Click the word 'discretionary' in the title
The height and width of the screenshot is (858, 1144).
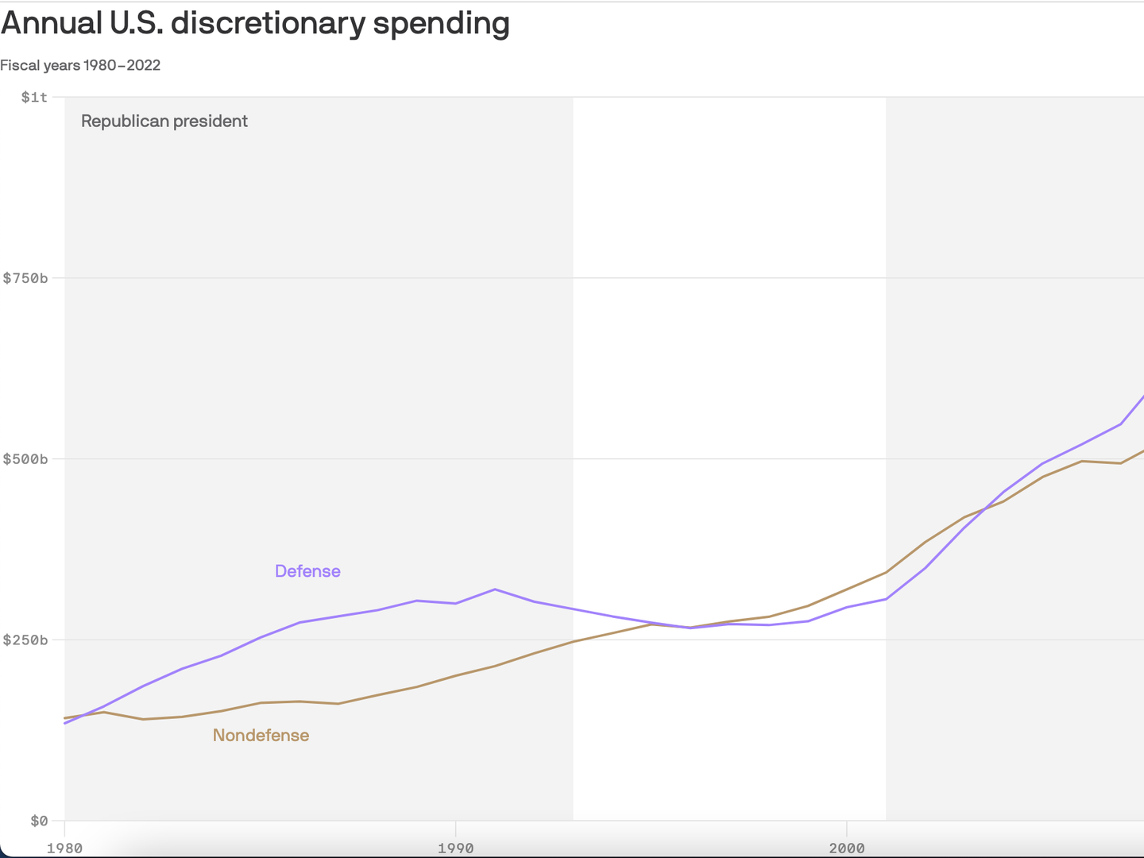[x=268, y=24]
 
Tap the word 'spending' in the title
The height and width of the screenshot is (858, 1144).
[x=441, y=24]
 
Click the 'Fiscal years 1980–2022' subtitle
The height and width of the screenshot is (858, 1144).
[x=80, y=65]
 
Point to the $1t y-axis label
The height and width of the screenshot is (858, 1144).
[x=34, y=97]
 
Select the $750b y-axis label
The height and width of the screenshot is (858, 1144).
[x=25, y=278]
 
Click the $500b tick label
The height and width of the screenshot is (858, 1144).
[x=25, y=459]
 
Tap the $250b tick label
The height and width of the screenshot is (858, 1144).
[x=25, y=640]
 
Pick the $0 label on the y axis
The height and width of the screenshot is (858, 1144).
[x=39, y=821]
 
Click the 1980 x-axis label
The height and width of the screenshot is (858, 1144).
[x=64, y=848]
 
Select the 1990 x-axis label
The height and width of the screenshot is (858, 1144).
[x=455, y=848]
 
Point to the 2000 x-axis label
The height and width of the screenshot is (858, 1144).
[x=847, y=848]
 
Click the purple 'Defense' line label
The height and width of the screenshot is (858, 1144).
[x=307, y=571]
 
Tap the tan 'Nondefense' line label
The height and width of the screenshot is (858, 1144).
[x=261, y=736]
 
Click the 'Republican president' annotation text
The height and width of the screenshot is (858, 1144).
[x=164, y=121]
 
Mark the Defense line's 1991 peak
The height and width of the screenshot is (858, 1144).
[x=495, y=589]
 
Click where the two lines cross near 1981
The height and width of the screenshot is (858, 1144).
[x=84, y=715]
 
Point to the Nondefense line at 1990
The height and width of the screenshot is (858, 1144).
[x=455, y=675]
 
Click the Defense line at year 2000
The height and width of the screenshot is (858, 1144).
[x=847, y=607]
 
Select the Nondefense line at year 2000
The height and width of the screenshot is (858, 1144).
[x=847, y=589]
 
